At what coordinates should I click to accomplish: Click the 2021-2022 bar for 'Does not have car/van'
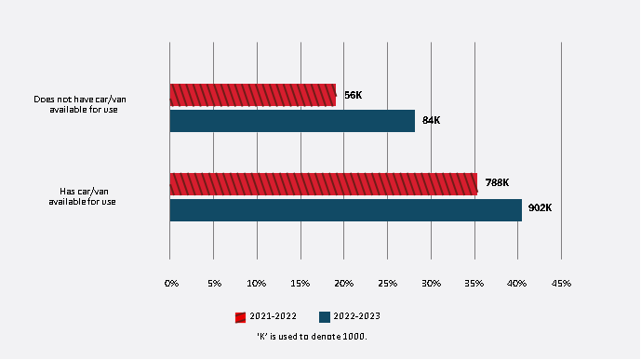252,94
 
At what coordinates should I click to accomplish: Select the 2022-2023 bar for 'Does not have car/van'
292,121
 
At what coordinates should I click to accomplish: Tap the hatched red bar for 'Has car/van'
323,183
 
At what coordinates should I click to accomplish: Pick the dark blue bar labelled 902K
345,210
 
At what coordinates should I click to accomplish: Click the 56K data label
353,95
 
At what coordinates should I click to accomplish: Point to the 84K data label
431,121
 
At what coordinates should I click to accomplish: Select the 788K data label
496,182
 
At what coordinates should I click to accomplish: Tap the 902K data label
540,208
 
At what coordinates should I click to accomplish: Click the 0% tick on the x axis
171,282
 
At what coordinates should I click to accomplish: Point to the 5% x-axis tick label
214,282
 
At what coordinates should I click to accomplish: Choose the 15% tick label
300,282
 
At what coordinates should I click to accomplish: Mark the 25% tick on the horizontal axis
388,282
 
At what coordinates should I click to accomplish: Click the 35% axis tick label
474,282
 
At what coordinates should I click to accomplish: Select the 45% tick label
561,282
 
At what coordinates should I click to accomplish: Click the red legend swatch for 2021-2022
240,316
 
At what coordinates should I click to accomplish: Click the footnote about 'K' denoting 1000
312,336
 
